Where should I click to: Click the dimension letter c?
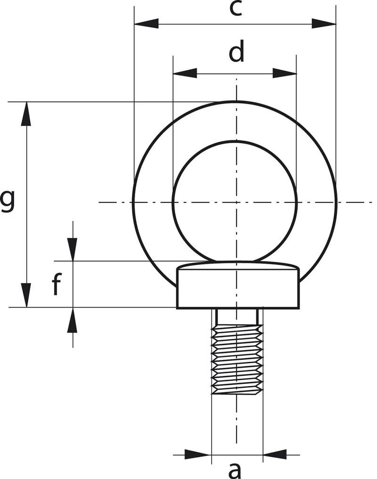[x=236, y=8]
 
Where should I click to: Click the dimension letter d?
[x=237, y=51]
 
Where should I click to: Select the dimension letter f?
[x=57, y=284]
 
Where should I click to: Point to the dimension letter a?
[x=235, y=471]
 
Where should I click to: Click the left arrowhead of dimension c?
[x=147, y=24]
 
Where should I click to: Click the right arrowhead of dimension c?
[x=323, y=24]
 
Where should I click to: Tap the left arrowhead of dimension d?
[x=185, y=73]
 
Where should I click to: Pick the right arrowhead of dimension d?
[x=284, y=73]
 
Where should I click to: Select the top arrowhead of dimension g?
[x=26, y=114]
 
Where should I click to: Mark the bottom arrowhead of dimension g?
[x=26, y=295]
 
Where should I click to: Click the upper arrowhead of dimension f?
[x=73, y=249]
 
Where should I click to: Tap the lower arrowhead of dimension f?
[x=73, y=319]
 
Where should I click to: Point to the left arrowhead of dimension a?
[x=198, y=455]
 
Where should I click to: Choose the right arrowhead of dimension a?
[x=275, y=455]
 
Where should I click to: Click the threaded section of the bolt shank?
[x=237, y=359]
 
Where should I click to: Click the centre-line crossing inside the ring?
[x=236, y=202]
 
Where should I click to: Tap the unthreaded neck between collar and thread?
[x=237, y=317]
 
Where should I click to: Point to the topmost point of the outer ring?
[x=236, y=101]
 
